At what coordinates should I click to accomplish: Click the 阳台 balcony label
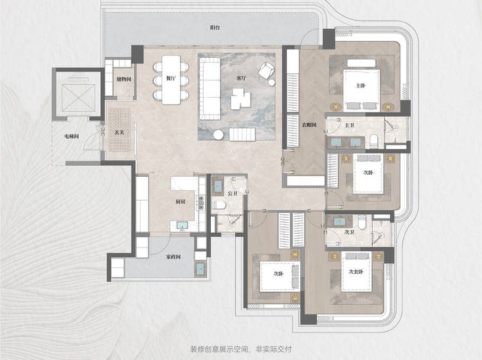[215, 28]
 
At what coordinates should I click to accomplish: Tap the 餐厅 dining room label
[171, 78]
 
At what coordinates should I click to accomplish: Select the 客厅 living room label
[241, 78]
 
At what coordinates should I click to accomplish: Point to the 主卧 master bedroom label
[361, 85]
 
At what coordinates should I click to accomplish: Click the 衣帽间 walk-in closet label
[309, 125]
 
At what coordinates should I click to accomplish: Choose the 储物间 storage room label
[124, 79]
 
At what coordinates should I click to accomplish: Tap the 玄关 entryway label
[119, 133]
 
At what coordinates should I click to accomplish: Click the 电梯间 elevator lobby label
[71, 136]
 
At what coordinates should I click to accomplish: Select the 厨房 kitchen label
[181, 202]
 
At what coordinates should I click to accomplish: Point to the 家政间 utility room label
[174, 256]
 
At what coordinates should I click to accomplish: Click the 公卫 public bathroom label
[233, 194]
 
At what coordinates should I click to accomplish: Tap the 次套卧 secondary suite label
[356, 272]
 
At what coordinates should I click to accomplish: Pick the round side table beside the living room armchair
[272, 83]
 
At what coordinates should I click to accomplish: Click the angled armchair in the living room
[266, 71]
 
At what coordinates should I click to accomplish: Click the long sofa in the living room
[210, 88]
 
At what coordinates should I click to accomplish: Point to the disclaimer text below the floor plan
[241, 350]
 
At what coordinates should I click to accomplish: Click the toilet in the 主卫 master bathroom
[374, 141]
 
